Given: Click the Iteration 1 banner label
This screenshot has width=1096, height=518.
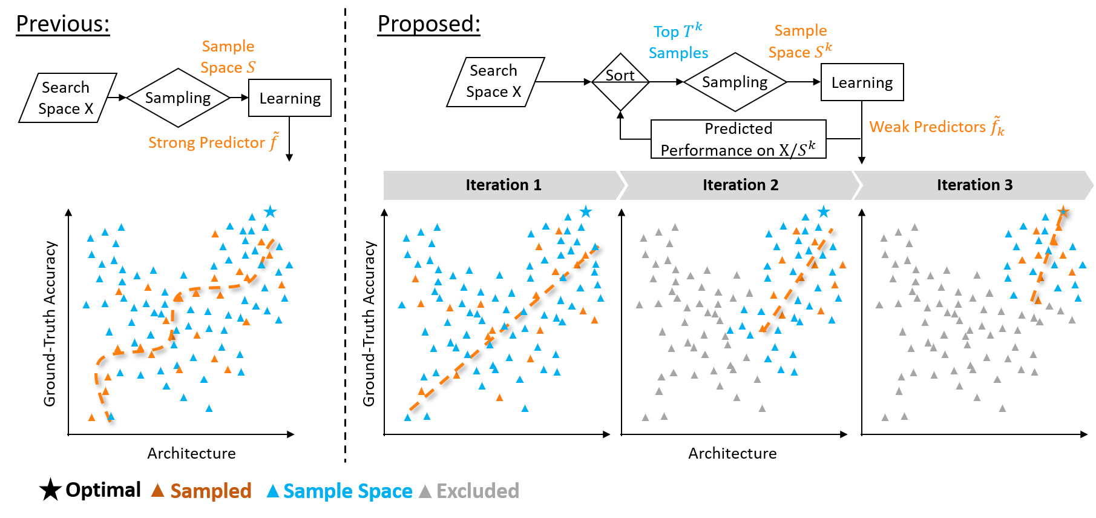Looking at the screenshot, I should (x=503, y=185).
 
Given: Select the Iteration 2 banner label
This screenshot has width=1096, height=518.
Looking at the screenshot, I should (x=740, y=185).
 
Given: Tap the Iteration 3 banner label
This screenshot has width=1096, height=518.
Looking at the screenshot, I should (x=974, y=185).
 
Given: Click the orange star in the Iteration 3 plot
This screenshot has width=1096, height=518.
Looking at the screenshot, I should (x=1063, y=211).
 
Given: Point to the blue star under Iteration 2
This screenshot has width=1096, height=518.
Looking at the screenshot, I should (x=823, y=211).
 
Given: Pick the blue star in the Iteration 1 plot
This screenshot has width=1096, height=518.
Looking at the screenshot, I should (x=585, y=211).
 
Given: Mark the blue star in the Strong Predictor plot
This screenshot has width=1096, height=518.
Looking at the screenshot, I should (x=270, y=211).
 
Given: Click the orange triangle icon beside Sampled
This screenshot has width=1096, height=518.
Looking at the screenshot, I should (x=157, y=490).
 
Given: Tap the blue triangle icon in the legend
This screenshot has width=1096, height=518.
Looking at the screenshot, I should (x=273, y=491).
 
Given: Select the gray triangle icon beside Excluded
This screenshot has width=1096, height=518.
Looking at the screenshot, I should (x=425, y=491).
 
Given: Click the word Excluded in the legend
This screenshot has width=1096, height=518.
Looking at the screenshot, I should (x=477, y=491).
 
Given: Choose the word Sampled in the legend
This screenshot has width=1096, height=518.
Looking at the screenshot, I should (x=211, y=491).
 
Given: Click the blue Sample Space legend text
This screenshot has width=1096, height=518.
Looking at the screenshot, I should (x=347, y=491).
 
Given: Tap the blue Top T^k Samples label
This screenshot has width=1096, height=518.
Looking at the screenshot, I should (x=678, y=42).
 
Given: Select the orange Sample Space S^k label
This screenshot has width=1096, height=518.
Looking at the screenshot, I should (x=800, y=41).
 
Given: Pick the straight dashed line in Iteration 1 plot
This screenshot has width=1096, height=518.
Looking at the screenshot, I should (x=502, y=327).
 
